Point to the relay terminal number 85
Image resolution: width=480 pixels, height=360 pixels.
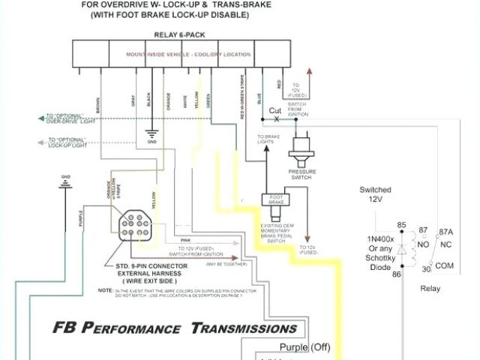[x=401, y=225]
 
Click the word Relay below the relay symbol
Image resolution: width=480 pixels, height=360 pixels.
[x=430, y=287]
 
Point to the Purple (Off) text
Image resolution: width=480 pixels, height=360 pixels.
[x=305, y=346]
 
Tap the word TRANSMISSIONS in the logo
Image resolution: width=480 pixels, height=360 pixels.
[x=244, y=328]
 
